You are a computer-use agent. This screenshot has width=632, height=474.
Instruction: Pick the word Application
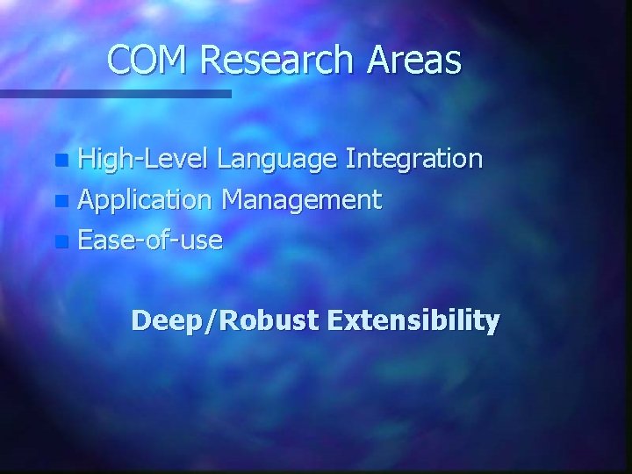tap(145, 200)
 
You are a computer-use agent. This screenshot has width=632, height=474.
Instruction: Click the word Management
tap(301, 200)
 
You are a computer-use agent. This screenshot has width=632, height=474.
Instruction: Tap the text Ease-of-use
tap(149, 238)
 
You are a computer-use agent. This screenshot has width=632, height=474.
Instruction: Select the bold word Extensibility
tap(413, 320)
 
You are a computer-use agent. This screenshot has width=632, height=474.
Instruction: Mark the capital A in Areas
tap(370, 61)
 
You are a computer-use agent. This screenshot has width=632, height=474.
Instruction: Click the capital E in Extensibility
tap(336, 320)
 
